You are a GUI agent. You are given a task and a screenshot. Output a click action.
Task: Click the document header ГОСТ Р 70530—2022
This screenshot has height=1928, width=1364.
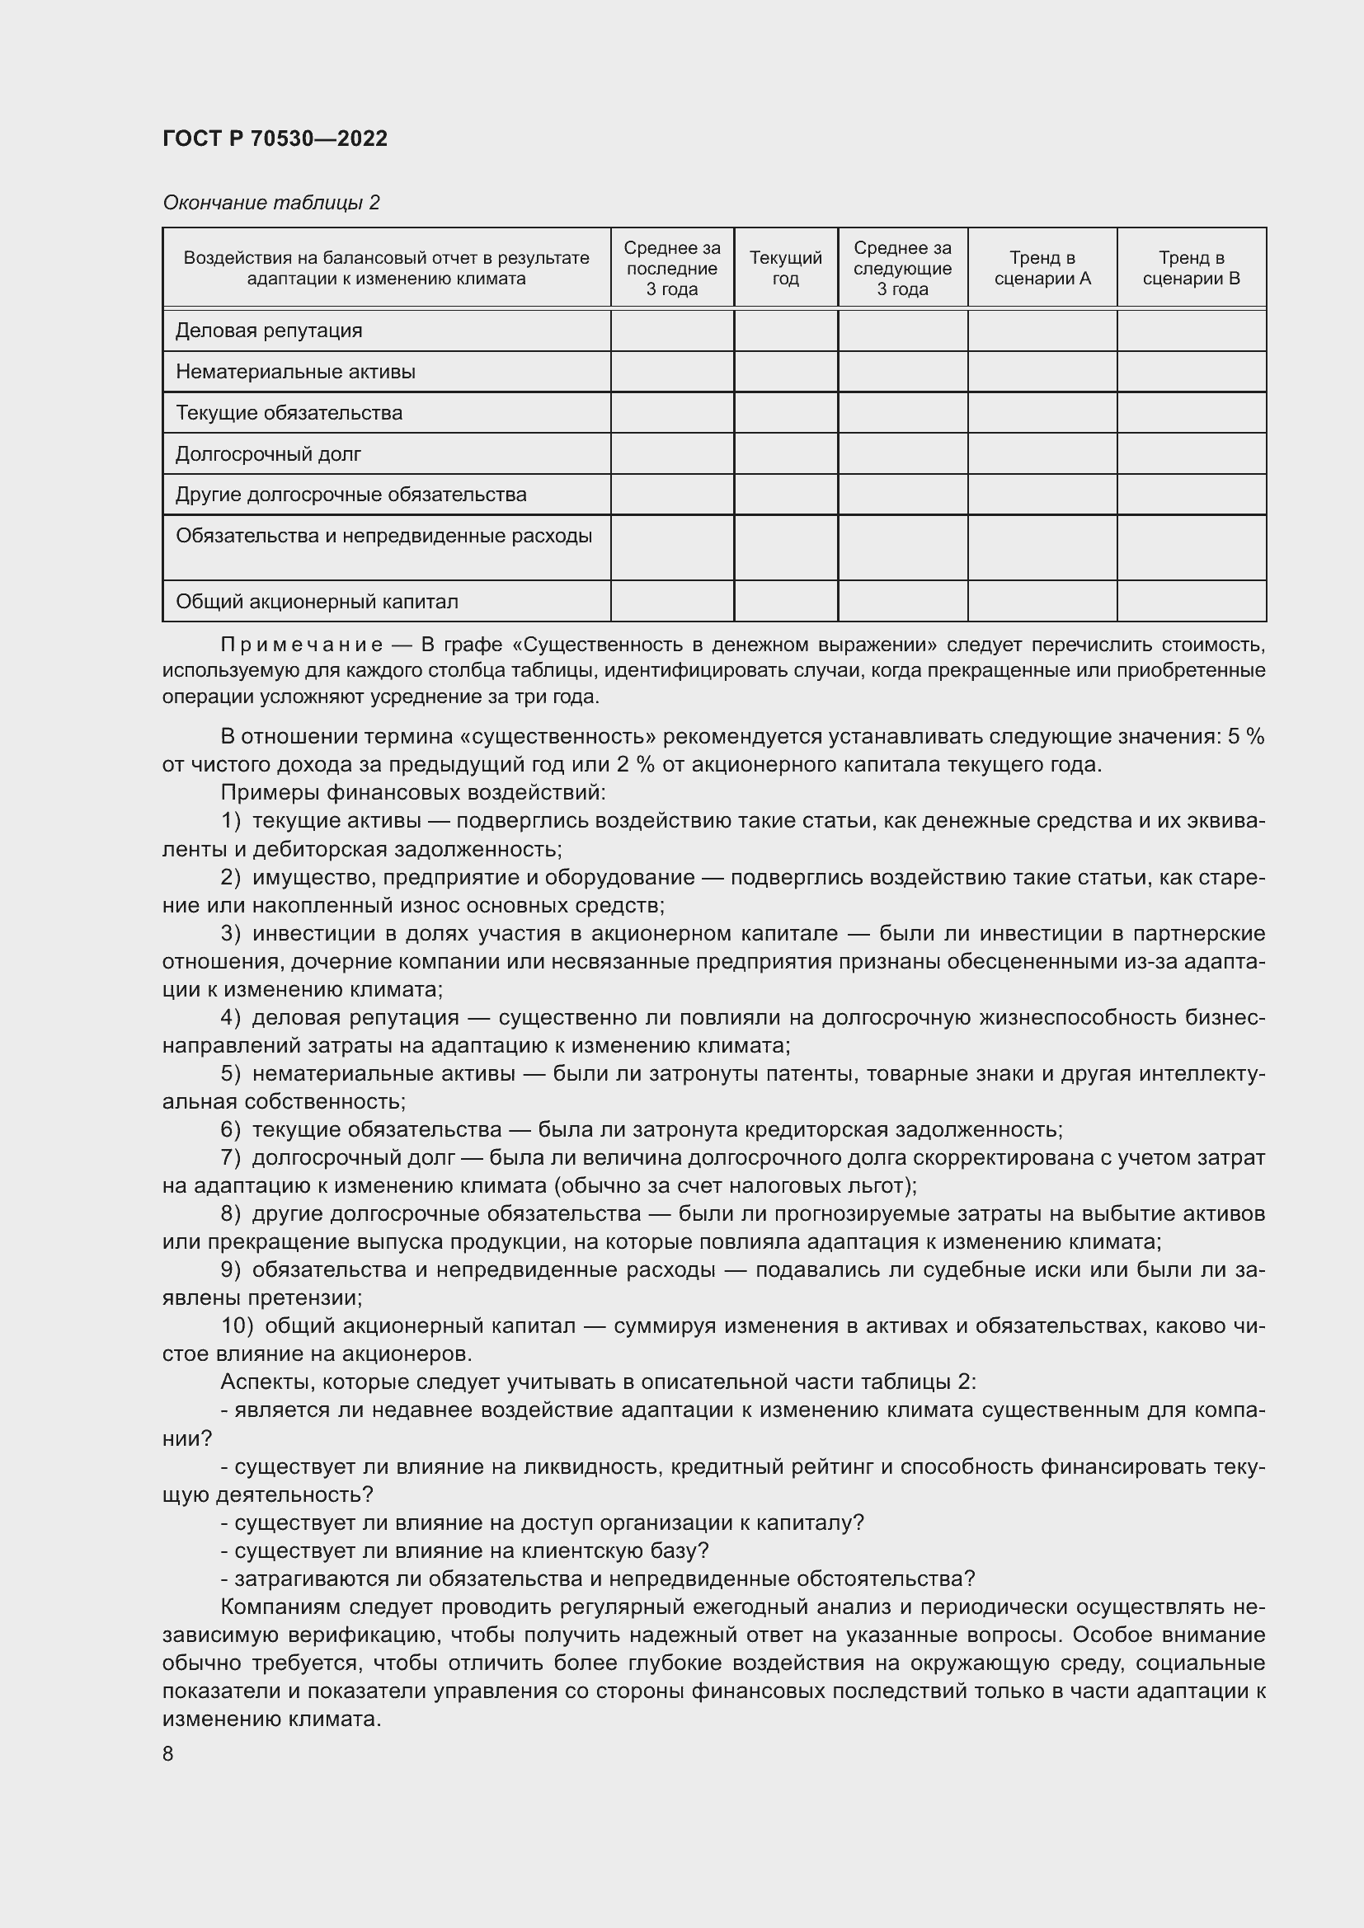tap(275, 138)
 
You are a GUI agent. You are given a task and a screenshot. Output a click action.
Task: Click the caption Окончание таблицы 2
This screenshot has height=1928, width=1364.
tap(270, 203)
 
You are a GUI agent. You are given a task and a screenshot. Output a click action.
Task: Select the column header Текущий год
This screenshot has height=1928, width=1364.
tap(785, 268)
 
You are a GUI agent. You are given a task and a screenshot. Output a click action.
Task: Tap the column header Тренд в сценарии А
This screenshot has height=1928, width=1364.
tap(1042, 268)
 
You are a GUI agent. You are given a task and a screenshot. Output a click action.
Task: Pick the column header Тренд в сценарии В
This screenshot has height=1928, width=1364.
tap(1191, 268)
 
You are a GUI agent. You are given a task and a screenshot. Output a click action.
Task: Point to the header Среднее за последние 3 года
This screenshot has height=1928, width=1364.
tap(672, 268)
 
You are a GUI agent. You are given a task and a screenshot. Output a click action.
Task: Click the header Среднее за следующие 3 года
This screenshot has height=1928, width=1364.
tap(902, 268)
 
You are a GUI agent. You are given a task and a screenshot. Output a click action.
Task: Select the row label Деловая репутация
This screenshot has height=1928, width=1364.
tap(269, 330)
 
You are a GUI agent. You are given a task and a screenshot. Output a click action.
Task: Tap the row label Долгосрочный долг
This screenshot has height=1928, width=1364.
tap(268, 453)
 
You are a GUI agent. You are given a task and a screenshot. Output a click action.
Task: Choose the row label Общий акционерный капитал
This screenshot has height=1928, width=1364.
tap(317, 601)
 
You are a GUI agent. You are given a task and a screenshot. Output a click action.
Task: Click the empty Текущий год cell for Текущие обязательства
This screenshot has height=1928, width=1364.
tap(785, 412)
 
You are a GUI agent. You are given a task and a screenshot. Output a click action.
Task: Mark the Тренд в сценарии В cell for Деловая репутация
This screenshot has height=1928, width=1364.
tap(1191, 330)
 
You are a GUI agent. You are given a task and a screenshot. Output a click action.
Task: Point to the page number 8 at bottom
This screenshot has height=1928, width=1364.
tap(168, 1753)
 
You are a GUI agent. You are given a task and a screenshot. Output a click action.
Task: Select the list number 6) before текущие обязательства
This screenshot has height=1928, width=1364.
tap(231, 1129)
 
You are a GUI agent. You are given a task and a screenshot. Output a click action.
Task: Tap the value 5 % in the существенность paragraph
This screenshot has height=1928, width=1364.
tap(1245, 736)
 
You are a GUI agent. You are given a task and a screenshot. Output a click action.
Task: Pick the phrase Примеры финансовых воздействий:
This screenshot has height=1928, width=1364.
tap(412, 792)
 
